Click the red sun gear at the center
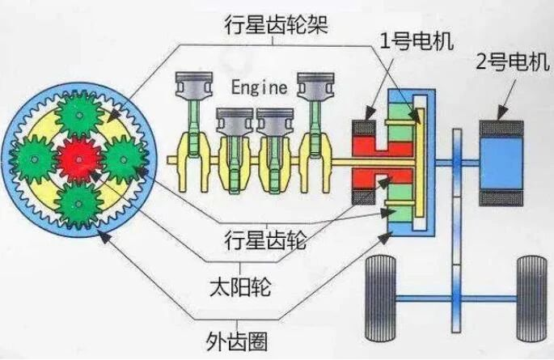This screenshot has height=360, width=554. point(78,159)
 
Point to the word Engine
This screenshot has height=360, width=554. point(259,87)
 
